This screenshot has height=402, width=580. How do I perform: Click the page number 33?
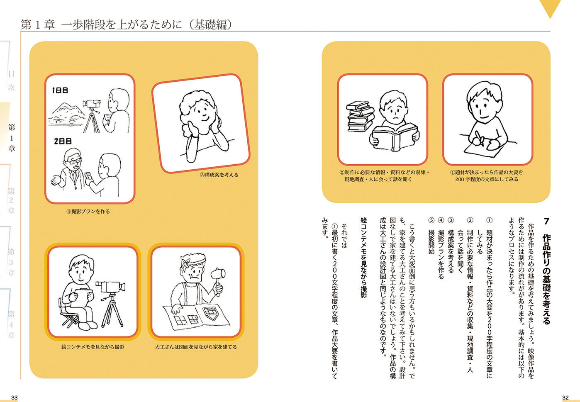pos(14,397)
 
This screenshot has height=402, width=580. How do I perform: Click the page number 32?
pos(565,397)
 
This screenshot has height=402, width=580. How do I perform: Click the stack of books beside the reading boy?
pos(360,117)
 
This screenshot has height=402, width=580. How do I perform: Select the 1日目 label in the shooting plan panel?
pos(60,90)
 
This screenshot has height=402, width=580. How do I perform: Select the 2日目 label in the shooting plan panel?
pos(63,141)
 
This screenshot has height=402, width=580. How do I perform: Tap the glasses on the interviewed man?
pos(74,161)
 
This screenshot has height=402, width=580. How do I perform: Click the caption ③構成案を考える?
pos(219,175)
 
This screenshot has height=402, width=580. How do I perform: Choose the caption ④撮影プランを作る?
pos(88,212)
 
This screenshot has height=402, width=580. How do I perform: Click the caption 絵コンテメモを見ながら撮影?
pos(93,347)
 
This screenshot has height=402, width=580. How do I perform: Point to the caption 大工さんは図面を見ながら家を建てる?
pos(196,347)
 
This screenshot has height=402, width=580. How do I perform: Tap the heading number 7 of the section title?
pos(546,222)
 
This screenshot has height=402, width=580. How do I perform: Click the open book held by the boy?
pos(395,137)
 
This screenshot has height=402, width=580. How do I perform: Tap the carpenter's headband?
pos(193,261)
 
